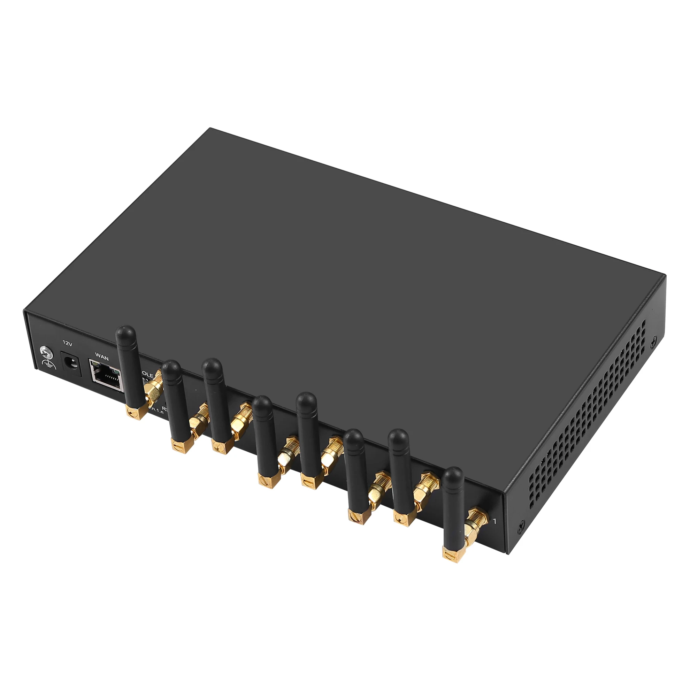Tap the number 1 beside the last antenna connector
coord(494,521)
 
